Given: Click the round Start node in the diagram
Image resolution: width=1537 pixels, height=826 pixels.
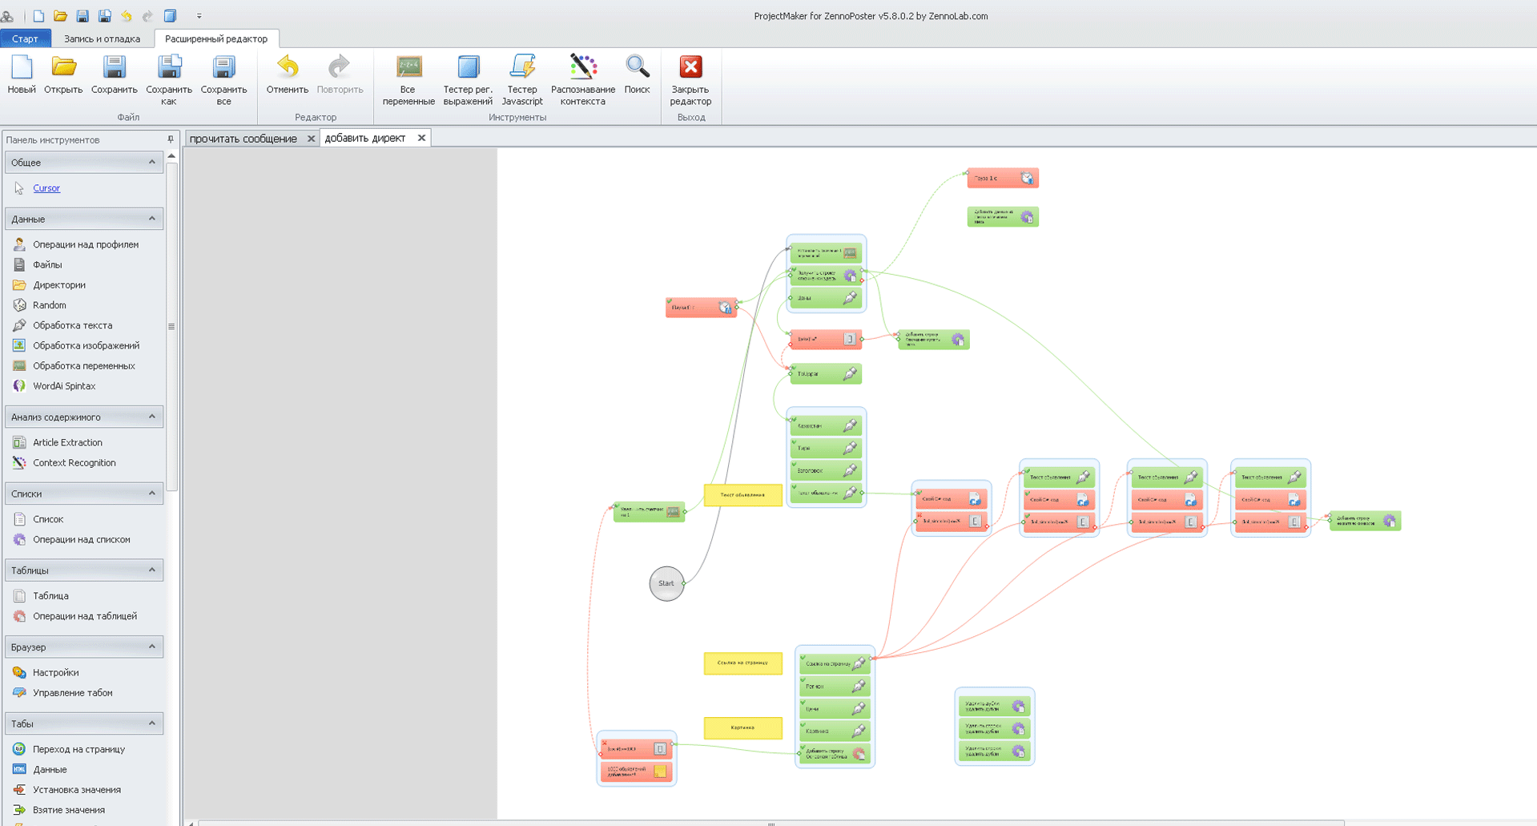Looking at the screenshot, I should pyautogui.click(x=666, y=583).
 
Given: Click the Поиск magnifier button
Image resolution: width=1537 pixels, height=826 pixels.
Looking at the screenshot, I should pyautogui.click(x=637, y=76).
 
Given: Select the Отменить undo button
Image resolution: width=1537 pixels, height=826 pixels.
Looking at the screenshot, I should pyautogui.click(x=287, y=76).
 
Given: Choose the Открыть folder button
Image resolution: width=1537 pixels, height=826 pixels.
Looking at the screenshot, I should pyautogui.click(x=63, y=76).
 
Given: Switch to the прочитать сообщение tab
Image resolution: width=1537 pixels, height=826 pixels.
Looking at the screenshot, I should pyautogui.click(x=243, y=139).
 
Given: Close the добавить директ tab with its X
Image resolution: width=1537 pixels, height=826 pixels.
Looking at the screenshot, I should pyautogui.click(x=421, y=138).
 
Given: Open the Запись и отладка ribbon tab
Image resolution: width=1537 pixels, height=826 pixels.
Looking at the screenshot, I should pyautogui.click(x=102, y=38).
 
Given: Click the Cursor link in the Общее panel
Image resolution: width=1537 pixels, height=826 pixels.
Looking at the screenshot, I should pyautogui.click(x=46, y=188).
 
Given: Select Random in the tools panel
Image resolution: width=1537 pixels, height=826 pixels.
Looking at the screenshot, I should pyautogui.click(x=50, y=305).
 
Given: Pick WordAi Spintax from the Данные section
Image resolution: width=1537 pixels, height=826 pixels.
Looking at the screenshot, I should pyautogui.click(x=64, y=386).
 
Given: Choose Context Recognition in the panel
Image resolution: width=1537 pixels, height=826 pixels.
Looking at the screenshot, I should pyautogui.click(x=74, y=463).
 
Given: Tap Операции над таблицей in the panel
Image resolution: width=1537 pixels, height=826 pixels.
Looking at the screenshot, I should pyautogui.click(x=84, y=616).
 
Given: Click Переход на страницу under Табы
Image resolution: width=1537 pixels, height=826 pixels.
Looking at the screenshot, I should pyautogui.click(x=78, y=749).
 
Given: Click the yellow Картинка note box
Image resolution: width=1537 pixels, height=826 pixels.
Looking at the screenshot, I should pyautogui.click(x=742, y=727).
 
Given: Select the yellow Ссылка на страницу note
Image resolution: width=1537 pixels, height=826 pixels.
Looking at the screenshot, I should pyautogui.click(x=742, y=663).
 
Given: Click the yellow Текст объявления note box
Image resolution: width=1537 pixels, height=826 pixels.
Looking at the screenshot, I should pyautogui.click(x=742, y=495).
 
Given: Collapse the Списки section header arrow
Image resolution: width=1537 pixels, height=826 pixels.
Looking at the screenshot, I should pyautogui.click(x=152, y=494).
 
